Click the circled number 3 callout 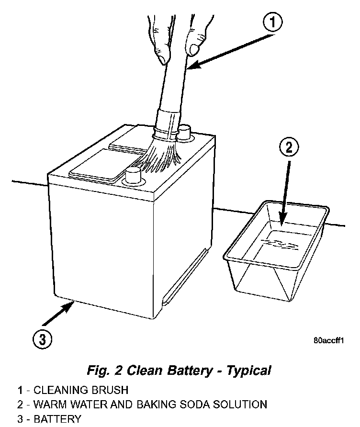(x=43, y=339)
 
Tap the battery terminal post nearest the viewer (x=134, y=177)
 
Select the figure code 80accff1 (x=328, y=341)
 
